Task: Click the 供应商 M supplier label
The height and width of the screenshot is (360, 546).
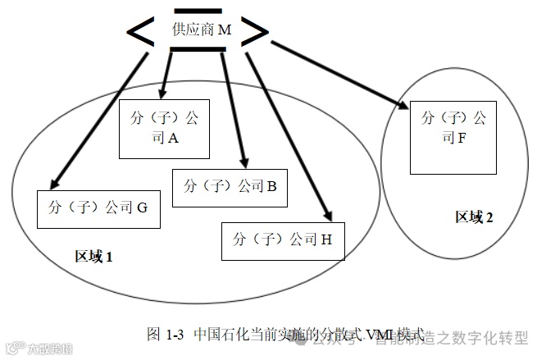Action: pos(202,30)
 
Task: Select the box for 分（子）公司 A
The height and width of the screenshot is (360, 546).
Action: pos(165,128)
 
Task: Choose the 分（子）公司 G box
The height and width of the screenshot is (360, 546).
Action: pos(98,208)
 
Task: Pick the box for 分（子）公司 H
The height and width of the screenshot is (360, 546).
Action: pos(283,239)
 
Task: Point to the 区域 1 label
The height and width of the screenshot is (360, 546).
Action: pos(93,257)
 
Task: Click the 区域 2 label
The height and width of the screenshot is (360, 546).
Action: pos(475,217)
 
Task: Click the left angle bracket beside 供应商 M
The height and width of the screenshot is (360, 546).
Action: pos(144,30)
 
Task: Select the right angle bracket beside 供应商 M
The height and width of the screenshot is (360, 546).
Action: pos(256,31)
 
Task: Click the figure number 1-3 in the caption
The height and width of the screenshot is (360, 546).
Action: pos(175,335)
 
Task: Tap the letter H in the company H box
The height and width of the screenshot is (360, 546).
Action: pos(326,239)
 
